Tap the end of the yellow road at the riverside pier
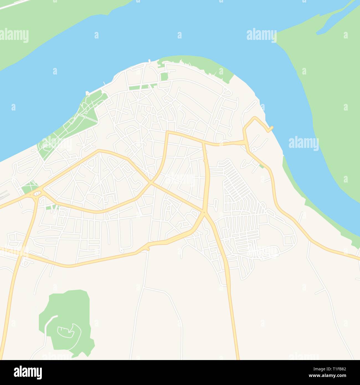[x=272, y=128]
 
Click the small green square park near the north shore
[x=164, y=77]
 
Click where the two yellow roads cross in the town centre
[x=151, y=183]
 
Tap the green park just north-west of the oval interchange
[x=28, y=187]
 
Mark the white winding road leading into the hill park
[x=47, y=327]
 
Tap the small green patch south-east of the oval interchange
[x=50, y=207]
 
